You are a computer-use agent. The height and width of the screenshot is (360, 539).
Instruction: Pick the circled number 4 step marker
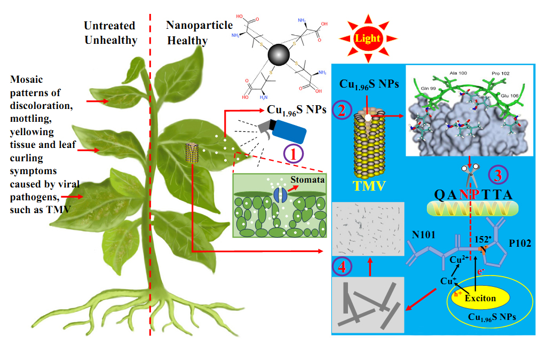[342, 265]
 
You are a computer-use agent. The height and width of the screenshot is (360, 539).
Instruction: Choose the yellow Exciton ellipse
[480, 298]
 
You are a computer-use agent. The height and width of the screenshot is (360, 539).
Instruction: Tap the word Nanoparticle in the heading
[199, 25]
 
